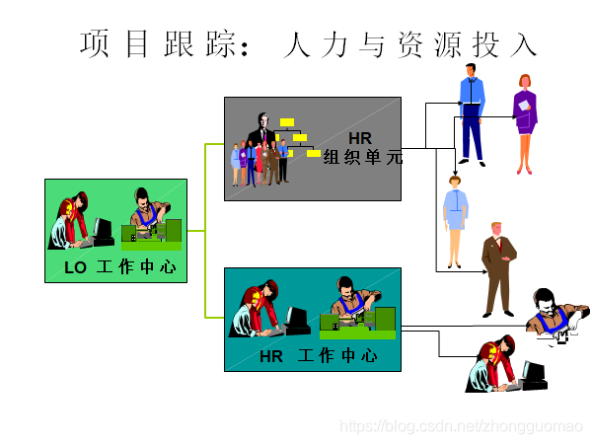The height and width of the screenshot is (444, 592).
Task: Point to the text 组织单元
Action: coord(362,157)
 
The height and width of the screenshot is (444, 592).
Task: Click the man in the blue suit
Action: coord(472,112)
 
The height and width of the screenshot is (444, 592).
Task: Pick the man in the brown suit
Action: coord(498,268)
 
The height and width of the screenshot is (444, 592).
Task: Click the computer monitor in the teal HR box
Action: coord(296,319)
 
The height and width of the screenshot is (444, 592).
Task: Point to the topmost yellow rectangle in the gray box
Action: coord(287,122)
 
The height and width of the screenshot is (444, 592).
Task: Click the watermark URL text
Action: coord(461,425)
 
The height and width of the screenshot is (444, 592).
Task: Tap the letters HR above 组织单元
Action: coord(360,138)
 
